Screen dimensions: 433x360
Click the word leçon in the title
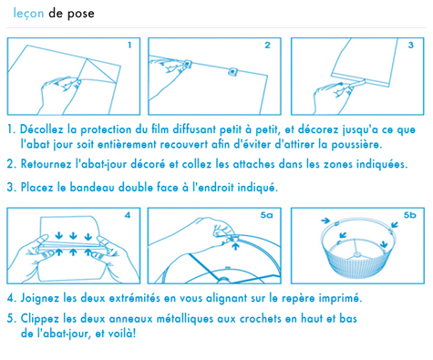pos(28,14)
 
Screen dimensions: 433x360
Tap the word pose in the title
pos(81,15)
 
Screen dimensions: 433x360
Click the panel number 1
pos(129,46)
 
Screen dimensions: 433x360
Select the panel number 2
pos(267,46)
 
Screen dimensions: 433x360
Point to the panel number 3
pos(411,46)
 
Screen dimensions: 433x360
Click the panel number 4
pos(128,215)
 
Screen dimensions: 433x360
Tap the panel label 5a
pos(266,215)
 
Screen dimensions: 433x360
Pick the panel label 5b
pos(409,215)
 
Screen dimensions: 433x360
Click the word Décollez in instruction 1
pos(42,129)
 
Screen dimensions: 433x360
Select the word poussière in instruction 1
pos(356,145)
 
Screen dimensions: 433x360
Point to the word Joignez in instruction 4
pos(39,298)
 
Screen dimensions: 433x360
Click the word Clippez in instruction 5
pos(40,319)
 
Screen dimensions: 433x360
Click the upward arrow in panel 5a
pos(235,246)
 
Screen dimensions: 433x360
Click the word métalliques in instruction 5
pos(185,319)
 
